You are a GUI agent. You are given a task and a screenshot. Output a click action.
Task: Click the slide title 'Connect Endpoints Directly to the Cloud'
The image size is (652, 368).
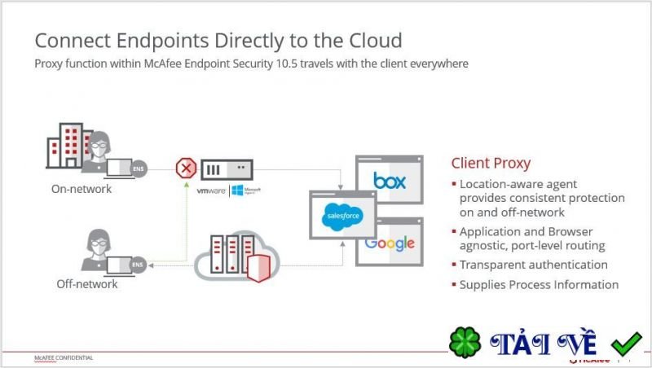218,41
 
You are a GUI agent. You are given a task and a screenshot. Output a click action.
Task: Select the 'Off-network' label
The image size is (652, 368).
87,284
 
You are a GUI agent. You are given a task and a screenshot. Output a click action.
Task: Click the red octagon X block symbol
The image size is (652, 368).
187,169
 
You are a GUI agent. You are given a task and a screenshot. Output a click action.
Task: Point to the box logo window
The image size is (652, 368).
389,180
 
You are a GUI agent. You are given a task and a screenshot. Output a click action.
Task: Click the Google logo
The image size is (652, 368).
390,243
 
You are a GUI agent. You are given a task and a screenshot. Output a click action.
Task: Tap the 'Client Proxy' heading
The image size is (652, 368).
491,162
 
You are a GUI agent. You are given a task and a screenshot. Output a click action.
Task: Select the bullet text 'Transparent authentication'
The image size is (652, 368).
533,265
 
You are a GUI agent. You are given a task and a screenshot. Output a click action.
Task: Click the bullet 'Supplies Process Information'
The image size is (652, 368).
539,285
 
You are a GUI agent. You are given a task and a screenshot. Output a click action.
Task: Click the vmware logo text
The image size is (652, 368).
210,191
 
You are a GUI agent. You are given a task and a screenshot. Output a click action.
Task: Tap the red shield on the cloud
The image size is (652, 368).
257,266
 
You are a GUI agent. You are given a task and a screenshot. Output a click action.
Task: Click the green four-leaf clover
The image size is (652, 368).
465,343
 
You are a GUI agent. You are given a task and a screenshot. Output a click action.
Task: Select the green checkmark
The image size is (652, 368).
627,343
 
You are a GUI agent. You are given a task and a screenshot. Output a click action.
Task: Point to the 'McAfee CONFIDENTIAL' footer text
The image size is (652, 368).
64,357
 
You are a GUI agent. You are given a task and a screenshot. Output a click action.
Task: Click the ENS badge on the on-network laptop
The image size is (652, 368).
139,169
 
